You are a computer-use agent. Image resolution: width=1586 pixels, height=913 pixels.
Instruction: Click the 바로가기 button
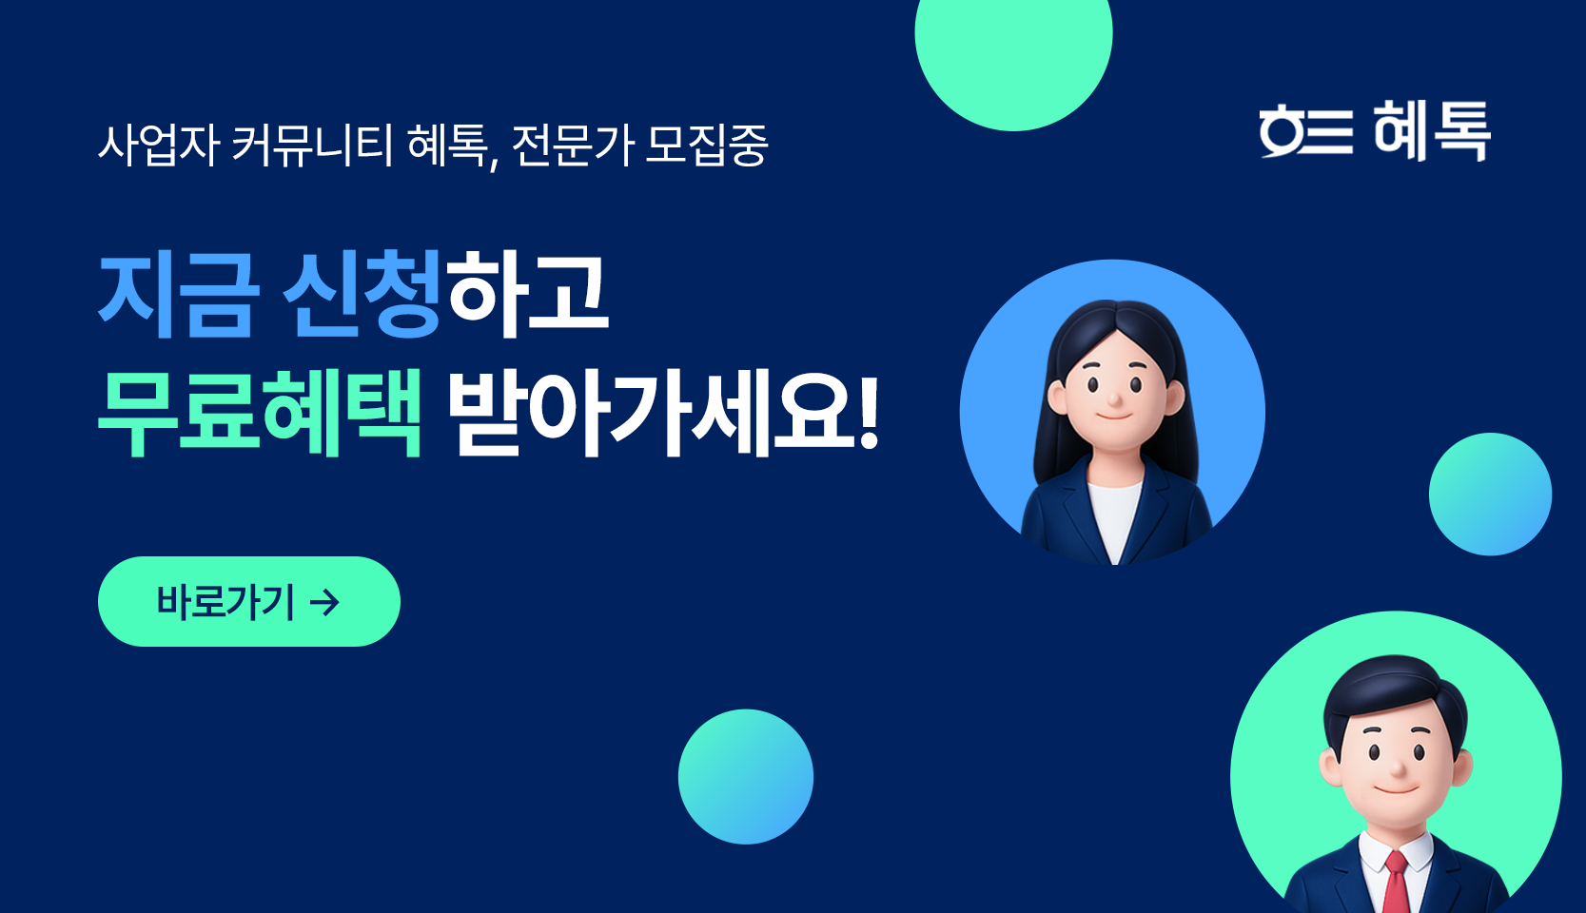(x=249, y=602)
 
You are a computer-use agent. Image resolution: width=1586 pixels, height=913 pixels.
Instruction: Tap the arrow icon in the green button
(x=325, y=603)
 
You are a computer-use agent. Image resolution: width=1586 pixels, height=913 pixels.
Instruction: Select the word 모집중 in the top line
(x=707, y=146)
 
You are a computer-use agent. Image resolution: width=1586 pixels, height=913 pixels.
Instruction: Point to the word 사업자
(x=157, y=146)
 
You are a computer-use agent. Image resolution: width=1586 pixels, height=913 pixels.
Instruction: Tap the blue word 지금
(x=176, y=295)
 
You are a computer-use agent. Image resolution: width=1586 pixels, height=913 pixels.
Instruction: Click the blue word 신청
(x=362, y=295)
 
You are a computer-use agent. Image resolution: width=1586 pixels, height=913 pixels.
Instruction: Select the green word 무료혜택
(x=260, y=413)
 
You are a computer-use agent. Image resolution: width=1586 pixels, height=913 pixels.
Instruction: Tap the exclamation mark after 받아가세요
(x=869, y=413)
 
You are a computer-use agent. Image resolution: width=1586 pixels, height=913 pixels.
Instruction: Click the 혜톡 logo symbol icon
(x=1306, y=131)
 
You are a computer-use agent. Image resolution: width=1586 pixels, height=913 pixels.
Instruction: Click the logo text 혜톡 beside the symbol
(x=1432, y=130)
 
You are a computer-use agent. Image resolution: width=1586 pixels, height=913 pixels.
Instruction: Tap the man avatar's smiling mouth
(x=1394, y=790)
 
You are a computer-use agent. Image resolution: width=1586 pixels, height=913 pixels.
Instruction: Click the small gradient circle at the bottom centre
(x=746, y=776)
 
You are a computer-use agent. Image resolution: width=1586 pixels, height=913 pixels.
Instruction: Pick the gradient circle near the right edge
(x=1491, y=494)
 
